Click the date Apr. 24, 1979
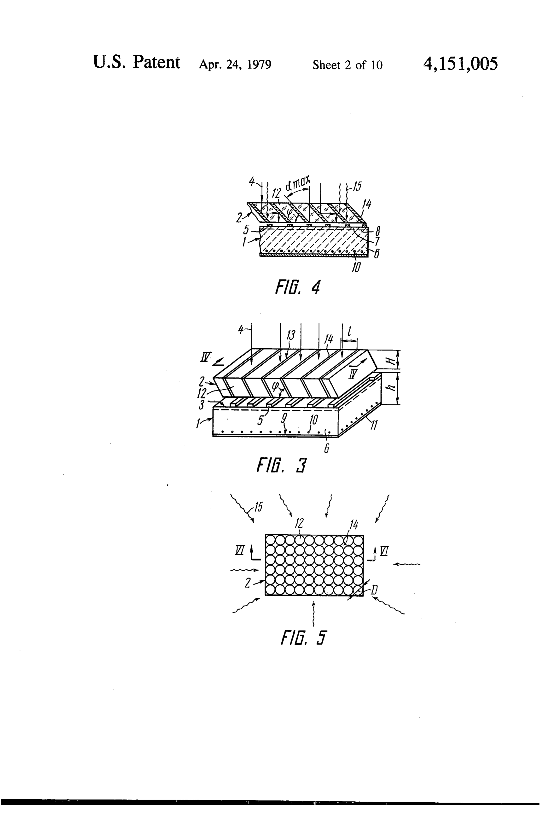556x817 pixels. point(235,65)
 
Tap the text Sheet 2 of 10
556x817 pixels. point(347,65)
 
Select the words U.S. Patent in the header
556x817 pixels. point(137,63)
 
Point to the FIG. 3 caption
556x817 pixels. point(282,466)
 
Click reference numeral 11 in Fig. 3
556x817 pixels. point(374,425)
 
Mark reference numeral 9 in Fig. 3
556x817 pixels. point(284,417)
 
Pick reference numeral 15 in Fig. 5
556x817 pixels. point(259,507)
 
